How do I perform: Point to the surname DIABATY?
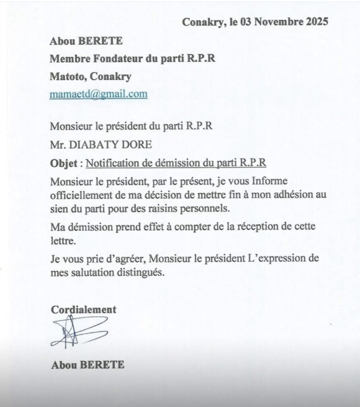pos(92,145)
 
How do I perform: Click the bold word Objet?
pos(61,163)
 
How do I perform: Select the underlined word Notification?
pos(110,163)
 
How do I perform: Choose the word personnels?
pos(221,209)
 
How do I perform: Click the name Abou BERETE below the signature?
pos(88,365)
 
